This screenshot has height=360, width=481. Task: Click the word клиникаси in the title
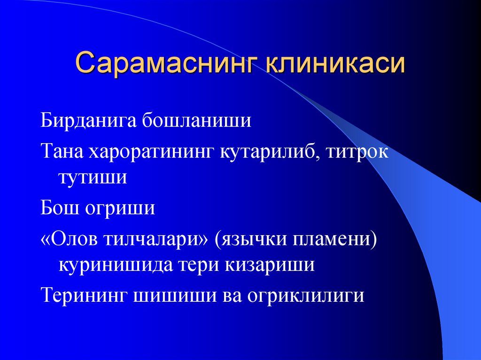(335, 63)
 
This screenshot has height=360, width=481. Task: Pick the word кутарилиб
(267, 153)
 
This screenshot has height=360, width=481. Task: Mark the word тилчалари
(158, 240)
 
